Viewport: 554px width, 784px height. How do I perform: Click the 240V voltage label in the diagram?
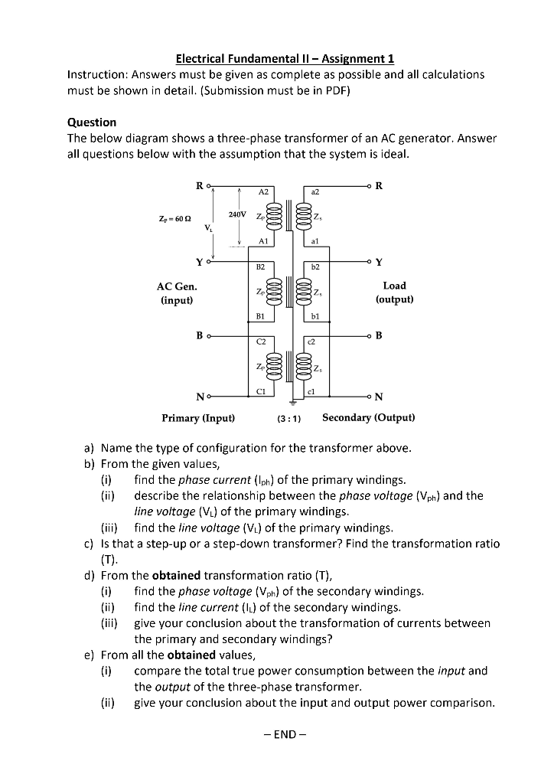(237, 213)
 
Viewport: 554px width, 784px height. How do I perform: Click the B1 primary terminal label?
(260, 314)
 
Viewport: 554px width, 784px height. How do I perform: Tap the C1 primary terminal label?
(262, 390)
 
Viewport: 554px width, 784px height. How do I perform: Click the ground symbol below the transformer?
(290, 403)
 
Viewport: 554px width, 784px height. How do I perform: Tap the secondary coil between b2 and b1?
(302, 290)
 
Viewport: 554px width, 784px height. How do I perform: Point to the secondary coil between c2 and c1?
(302, 366)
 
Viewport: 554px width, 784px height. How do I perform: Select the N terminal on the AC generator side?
(201, 395)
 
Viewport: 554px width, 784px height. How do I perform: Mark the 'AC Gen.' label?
(177, 286)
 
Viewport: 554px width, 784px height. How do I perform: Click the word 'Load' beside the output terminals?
(394, 286)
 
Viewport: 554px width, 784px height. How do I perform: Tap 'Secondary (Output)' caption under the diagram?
(369, 418)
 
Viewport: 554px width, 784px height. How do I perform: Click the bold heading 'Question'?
(92, 122)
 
